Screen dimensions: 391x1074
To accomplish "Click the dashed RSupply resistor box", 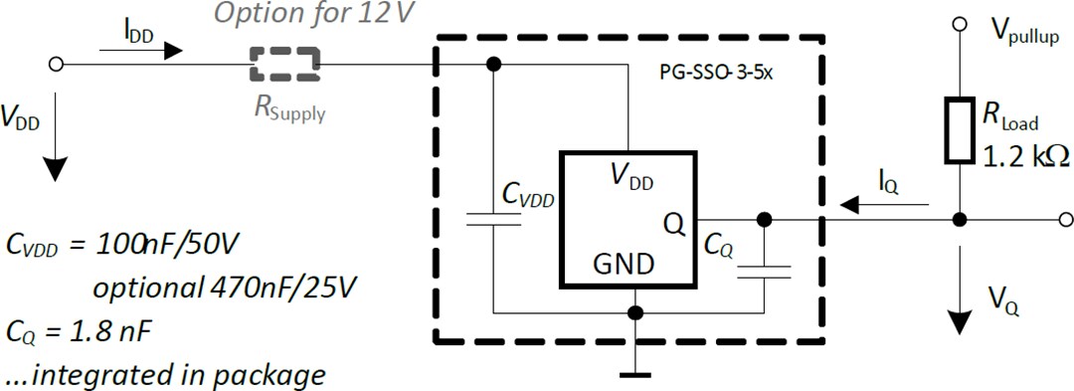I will click(x=285, y=65).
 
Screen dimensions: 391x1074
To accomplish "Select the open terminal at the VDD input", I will click(x=57, y=65).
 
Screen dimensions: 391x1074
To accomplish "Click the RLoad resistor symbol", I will click(x=960, y=129).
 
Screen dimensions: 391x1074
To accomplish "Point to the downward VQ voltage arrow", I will click(x=960, y=298).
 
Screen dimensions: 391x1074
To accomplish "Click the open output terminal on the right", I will click(x=1065, y=219).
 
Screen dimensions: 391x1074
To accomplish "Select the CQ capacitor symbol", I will click(x=764, y=271).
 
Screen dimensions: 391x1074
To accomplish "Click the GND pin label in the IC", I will click(x=624, y=266).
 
